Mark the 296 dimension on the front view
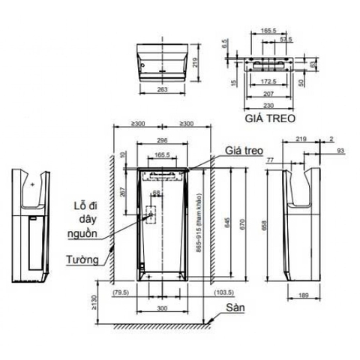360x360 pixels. (161, 139)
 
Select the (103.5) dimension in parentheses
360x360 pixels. (223, 292)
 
